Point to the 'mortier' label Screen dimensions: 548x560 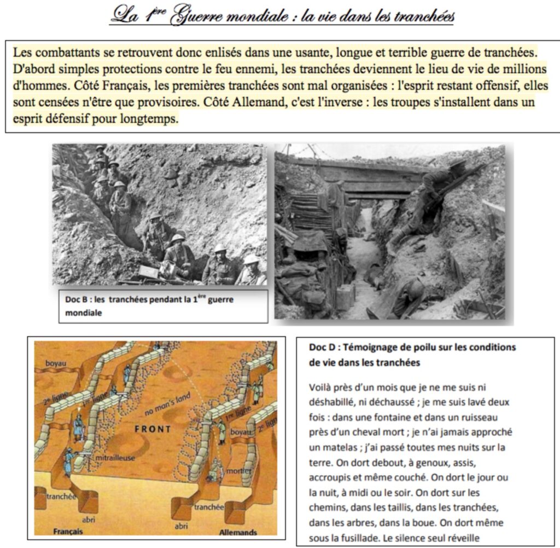pos(240,470)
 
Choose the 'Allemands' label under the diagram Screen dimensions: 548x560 pos(238,532)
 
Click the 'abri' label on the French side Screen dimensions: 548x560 pos(89,520)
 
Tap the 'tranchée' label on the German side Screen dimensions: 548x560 pos(209,507)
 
